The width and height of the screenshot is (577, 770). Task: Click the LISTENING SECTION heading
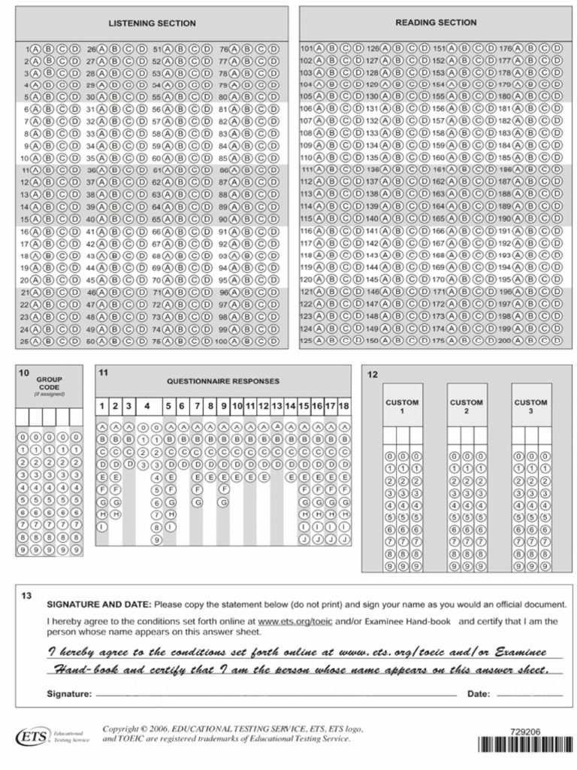tap(152, 23)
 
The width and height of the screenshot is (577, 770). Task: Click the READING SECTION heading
tap(436, 23)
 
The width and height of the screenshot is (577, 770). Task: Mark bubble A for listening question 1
tap(38, 49)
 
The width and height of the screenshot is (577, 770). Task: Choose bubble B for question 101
tap(332, 48)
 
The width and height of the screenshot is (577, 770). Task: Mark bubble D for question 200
tap(557, 341)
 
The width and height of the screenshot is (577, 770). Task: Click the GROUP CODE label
tap(49, 383)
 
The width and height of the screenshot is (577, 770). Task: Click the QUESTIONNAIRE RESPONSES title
tap(222, 381)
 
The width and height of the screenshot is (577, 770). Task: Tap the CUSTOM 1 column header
tap(402, 407)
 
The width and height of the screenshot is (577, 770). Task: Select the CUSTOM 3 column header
tap(530, 407)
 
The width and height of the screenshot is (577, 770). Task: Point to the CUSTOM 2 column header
tap(467, 407)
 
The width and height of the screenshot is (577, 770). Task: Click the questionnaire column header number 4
tap(147, 406)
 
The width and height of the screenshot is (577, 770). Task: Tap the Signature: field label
tap(69, 694)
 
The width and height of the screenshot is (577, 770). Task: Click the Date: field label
tap(479, 694)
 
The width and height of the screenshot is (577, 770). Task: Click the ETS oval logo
tap(30, 737)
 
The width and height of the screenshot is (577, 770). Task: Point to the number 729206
tap(524, 730)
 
